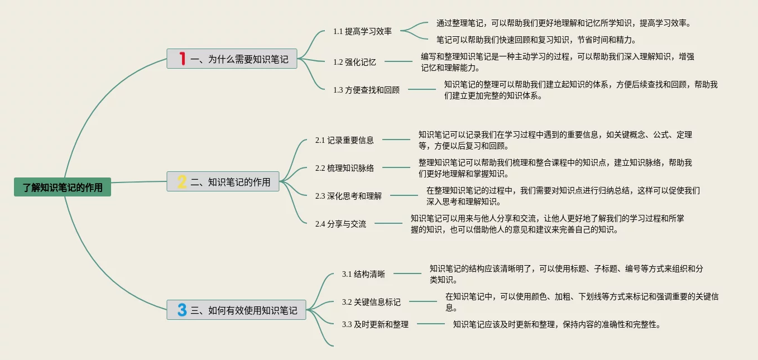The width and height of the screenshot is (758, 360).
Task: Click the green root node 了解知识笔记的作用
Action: click(x=63, y=188)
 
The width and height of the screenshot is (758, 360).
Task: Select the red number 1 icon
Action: click(x=182, y=59)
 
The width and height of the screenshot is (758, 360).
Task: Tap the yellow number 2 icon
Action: click(x=182, y=181)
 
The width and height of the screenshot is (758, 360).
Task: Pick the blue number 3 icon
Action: click(x=182, y=310)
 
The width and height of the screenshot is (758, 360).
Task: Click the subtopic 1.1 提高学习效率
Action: click(x=362, y=31)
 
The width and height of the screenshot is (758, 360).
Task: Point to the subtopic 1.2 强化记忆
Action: click(x=354, y=62)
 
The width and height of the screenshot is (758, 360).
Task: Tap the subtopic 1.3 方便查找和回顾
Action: click(x=366, y=90)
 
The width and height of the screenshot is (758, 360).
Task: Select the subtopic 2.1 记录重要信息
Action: click(x=344, y=140)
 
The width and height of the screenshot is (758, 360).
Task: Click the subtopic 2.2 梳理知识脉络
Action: click(x=344, y=167)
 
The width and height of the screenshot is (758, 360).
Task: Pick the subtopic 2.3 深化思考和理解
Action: click(x=348, y=196)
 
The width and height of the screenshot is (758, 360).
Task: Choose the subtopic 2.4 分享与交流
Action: click(x=340, y=224)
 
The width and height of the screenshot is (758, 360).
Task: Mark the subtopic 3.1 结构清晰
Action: click(x=363, y=274)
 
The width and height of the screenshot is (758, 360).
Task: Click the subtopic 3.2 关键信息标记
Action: click(x=371, y=302)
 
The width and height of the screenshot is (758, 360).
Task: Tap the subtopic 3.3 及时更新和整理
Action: click(x=375, y=324)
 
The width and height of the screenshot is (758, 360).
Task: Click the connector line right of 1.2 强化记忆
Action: click(x=398, y=61)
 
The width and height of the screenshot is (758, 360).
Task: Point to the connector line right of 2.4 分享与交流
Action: click(x=388, y=223)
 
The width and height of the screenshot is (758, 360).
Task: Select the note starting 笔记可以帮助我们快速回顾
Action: click(x=536, y=40)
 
